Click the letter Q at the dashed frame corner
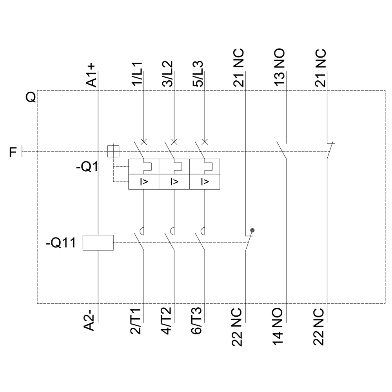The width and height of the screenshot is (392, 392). coord(31,97)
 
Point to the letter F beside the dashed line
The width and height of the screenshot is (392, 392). coord(13,151)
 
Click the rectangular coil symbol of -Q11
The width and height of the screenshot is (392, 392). coord(98,243)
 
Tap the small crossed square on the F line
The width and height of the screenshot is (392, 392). coord(113,151)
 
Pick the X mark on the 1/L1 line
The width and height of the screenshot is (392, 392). coord(144,141)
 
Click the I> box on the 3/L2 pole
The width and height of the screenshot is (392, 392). coord(174,182)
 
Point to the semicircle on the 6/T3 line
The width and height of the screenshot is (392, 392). coord(203,230)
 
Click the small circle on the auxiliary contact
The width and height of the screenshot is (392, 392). coord(252,230)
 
